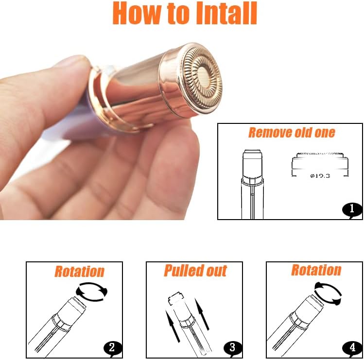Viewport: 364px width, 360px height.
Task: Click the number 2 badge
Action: [x=112, y=347]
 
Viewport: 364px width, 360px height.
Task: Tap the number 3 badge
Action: [x=232, y=347]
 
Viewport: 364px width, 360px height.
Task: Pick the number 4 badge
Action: [x=352, y=347]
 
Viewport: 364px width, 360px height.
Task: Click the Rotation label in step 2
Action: [x=79, y=271]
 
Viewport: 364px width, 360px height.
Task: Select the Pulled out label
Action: [x=195, y=271]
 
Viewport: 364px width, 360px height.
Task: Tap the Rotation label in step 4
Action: [x=316, y=270]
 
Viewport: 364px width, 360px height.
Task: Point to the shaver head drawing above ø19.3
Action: [x=319, y=161]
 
